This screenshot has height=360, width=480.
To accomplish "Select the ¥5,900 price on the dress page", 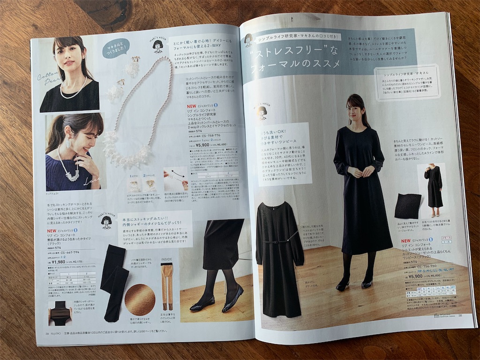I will tap(413, 277).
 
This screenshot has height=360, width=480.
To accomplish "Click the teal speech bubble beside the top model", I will tap(116, 48).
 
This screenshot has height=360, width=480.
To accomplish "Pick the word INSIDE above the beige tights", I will tap(166, 259).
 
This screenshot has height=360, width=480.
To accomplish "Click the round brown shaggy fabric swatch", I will tap(140, 300).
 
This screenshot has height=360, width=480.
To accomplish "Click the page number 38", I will tap(460, 315).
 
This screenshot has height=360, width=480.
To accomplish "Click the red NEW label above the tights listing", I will tap(51, 231).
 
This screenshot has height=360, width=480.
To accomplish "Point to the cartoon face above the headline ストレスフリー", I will tap(248, 40).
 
